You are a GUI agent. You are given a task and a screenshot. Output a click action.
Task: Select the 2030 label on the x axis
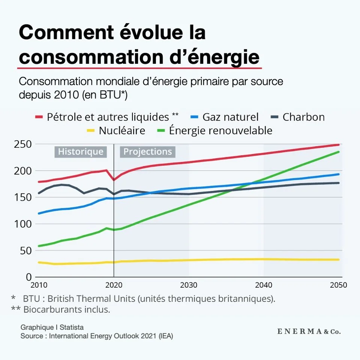tap(189, 285)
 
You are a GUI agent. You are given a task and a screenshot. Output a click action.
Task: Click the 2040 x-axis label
tap(264, 285)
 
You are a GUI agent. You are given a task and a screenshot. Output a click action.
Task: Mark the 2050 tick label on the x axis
tap(339, 285)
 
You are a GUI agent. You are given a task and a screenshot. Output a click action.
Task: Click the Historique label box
tap(81, 151)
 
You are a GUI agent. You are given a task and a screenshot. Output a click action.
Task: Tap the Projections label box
tap(148, 151)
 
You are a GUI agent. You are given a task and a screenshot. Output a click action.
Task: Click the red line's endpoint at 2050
tap(339, 145)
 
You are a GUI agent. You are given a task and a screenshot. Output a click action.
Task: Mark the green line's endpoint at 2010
tap(39, 246)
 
